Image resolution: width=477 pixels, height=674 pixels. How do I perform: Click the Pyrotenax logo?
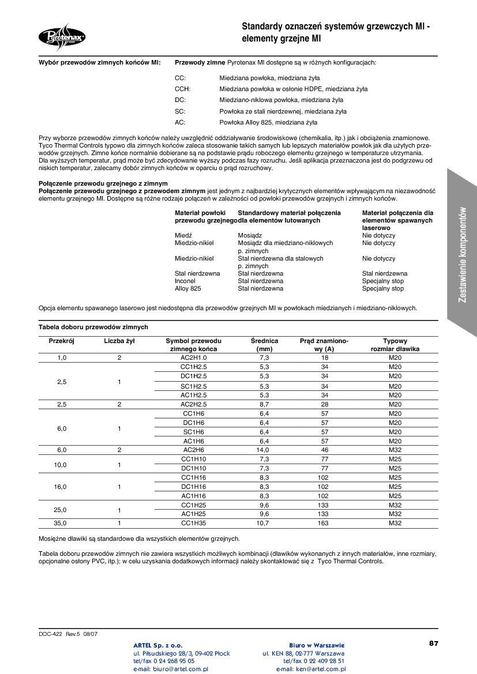pos(62,37)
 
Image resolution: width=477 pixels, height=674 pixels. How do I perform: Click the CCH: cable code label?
pos(182,89)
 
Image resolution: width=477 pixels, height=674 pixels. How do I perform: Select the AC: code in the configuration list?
pos(180,122)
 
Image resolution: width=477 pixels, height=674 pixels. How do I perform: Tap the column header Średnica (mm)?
pos(264,345)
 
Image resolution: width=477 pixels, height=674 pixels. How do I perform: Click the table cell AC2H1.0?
pos(193,358)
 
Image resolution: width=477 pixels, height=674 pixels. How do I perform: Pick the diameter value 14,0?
pos(264,450)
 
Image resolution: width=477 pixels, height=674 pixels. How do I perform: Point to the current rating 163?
pos(323,523)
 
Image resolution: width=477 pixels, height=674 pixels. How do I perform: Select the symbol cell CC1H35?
pos(193,523)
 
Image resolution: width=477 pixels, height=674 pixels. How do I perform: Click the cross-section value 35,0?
pos(61,523)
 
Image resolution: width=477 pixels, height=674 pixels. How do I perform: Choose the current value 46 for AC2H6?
pos(325,450)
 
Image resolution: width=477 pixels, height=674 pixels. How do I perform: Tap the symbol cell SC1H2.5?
pos(193,386)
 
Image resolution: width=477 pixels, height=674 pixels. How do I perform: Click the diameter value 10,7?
pos(263,523)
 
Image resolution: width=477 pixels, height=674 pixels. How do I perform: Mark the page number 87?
pos(434,643)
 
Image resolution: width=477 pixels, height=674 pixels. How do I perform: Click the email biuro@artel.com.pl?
pos(170,669)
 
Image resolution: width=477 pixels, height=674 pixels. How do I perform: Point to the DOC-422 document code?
pos(50,634)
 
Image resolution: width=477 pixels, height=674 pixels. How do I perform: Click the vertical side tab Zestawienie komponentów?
pos(462,254)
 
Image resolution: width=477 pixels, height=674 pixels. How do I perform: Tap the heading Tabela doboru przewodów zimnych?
pos(93,327)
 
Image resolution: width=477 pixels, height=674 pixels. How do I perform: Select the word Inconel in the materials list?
pos(185,281)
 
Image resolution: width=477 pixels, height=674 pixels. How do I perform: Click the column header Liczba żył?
pos(119,341)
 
